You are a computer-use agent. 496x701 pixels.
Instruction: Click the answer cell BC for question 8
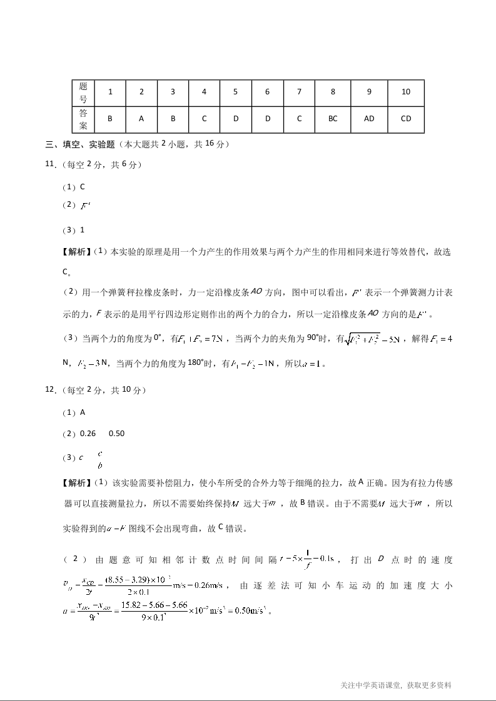(333, 119)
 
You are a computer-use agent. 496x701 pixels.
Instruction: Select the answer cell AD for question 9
(369, 119)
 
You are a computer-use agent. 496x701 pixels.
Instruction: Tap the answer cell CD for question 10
(406, 119)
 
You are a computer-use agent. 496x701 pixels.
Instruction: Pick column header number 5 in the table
(235, 92)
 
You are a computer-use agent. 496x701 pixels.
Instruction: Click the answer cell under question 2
(141, 119)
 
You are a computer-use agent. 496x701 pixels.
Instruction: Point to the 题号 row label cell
(83, 92)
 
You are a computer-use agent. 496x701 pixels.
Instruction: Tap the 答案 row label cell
(83, 119)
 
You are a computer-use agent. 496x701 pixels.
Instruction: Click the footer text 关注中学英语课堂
(371, 685)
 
